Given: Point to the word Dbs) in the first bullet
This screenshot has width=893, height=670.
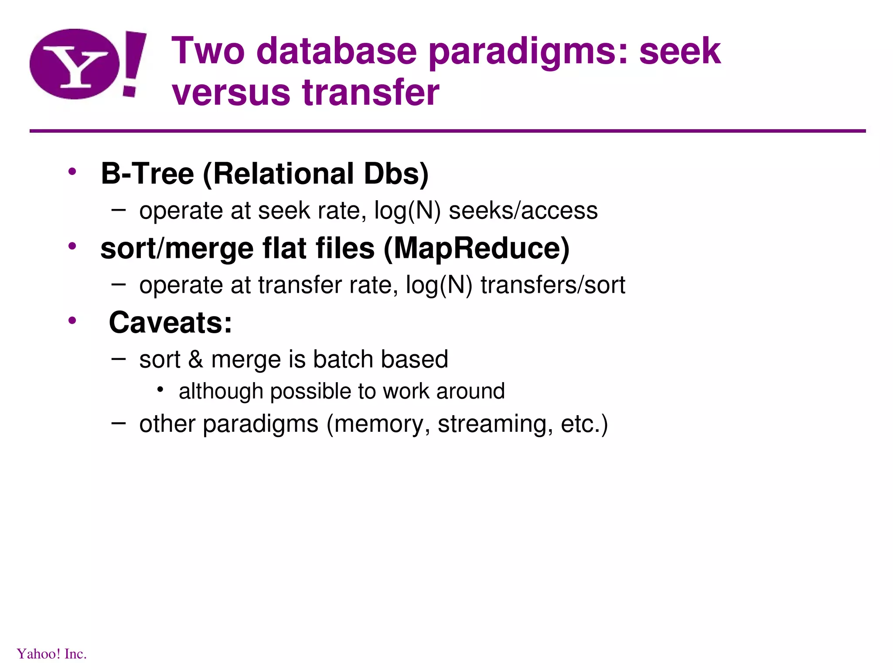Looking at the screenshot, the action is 396,174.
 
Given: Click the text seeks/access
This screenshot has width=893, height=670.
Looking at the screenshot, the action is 523,211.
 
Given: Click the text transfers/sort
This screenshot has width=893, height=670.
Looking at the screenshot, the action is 553,285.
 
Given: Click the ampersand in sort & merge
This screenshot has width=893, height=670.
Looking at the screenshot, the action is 196,359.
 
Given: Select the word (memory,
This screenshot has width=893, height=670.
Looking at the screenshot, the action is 378,424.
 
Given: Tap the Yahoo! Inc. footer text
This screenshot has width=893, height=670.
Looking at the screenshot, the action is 52,654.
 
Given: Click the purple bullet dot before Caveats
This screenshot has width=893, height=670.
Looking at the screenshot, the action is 72,321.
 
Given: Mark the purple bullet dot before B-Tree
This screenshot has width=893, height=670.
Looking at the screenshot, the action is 72,172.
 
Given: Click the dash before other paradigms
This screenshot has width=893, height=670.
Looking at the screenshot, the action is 119,423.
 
